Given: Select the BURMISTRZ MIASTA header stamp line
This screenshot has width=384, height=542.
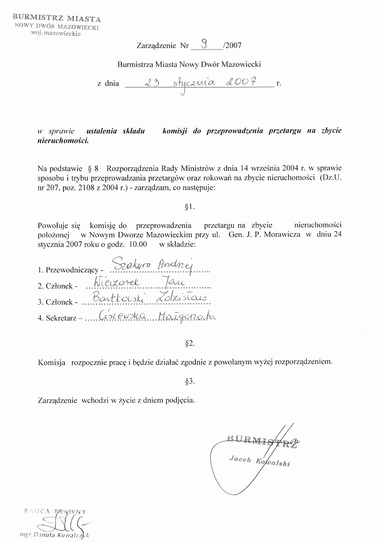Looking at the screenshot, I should [x=57, y=19].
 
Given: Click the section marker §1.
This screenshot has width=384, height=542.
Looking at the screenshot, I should [x=189, y=207].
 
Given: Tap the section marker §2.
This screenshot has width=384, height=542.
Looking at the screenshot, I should [x=189, y=344].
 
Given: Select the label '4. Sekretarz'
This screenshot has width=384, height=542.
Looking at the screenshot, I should [x=60, y=319].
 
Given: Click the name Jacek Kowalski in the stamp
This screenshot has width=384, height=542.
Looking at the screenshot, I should [x=260, y=462].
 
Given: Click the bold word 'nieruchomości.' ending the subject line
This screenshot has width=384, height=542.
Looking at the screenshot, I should [x=63, y=141].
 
